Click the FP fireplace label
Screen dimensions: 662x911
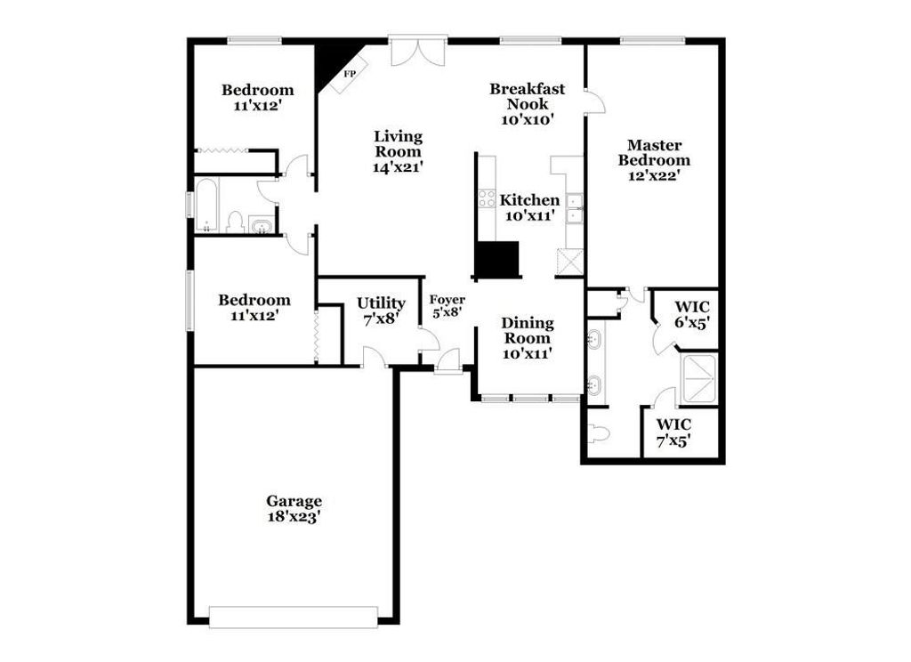pos(350,74)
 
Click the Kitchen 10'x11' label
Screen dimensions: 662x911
pos(529,207)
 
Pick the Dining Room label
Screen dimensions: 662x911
pos(527,337)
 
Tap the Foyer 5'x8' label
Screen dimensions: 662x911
pos(447,306)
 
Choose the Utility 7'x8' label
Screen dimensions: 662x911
pos(381,310)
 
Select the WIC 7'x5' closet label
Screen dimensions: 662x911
pos(673,432)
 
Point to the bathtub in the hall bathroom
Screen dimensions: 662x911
pos(206,205)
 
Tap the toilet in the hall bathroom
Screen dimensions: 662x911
pos(236,222)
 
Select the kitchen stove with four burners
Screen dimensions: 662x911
pos(487,198)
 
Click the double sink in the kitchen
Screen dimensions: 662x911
pos(575,207)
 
